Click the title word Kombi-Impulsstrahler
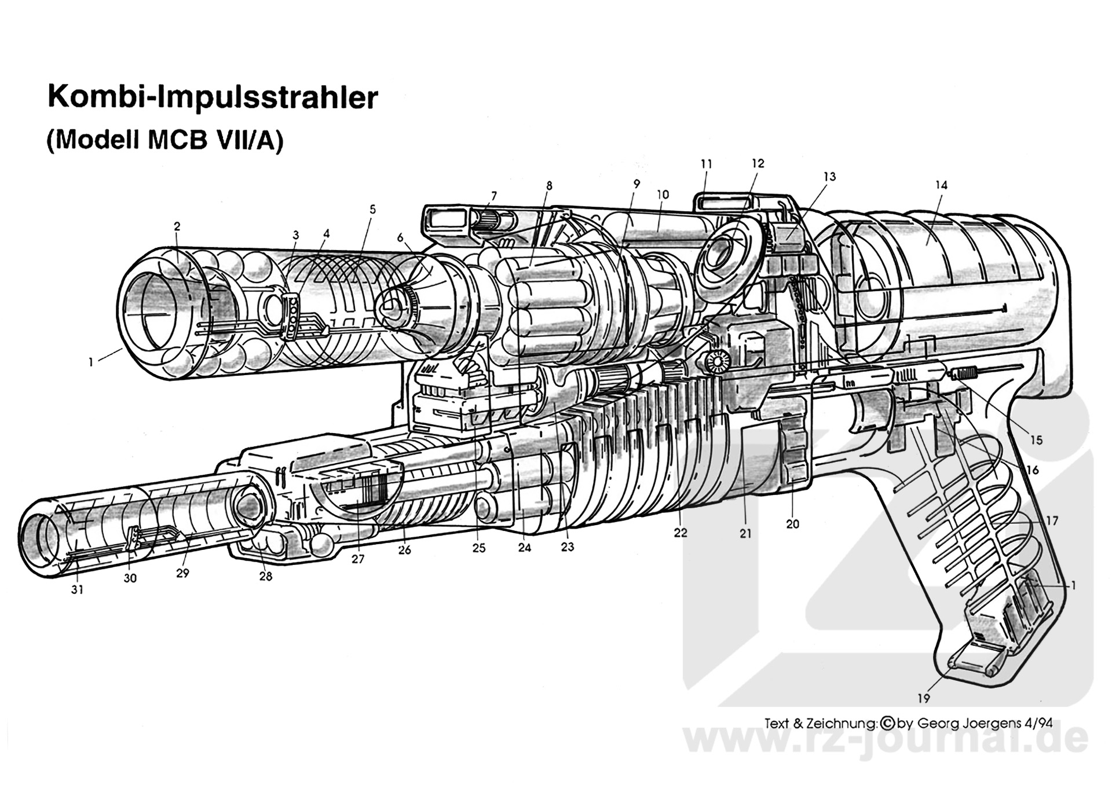[x=213, y=97]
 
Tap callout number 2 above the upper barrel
[x=177, y=226]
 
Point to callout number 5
[x=372, y=209]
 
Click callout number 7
[x=494, y=196]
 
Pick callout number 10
[x=663, y=195]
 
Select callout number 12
[x=758, y=164]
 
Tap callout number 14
[x=941, y=185]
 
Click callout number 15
[x=1036, y=440]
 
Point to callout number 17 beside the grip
[x=1052, y=521]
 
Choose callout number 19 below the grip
[x=923, y=699]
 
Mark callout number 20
[x=792, y=524]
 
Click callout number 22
[x=680, y=533]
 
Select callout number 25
[x=478, y=548]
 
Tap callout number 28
[x=265, y=576]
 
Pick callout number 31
[x=77, y=590]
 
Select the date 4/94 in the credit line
[x=1038, y=723]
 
